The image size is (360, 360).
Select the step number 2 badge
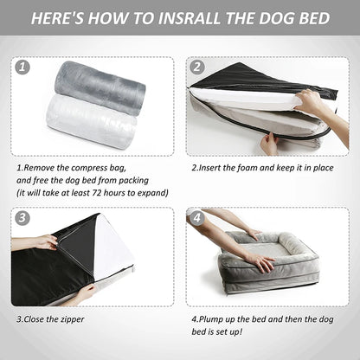[x=197, y=67]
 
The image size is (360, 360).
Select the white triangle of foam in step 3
[x=111, y=245]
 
